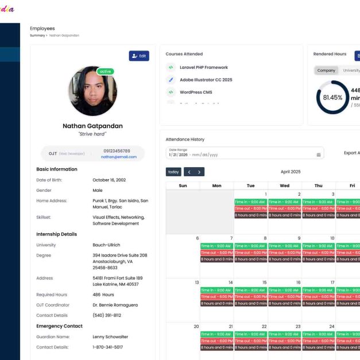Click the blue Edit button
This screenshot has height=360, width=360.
click(x=139, y=56)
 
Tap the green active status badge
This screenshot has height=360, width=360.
click(x=105, y=72)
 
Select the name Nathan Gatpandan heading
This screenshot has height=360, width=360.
click(x=92, y=126)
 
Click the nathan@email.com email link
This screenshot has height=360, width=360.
click(x=119, y=157)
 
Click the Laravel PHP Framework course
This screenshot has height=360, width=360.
click(x=203, y=68)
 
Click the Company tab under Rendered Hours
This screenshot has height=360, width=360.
click(x=326, y=70)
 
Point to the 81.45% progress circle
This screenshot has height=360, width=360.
click(x=332, y=97)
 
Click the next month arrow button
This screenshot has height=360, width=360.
click(x=199, y=172)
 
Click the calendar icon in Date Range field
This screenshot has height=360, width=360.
click(x=318, y=154)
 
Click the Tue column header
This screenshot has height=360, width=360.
click(x=250, y=185)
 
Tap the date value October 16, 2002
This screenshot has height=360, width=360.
click(x=112, y=180)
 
